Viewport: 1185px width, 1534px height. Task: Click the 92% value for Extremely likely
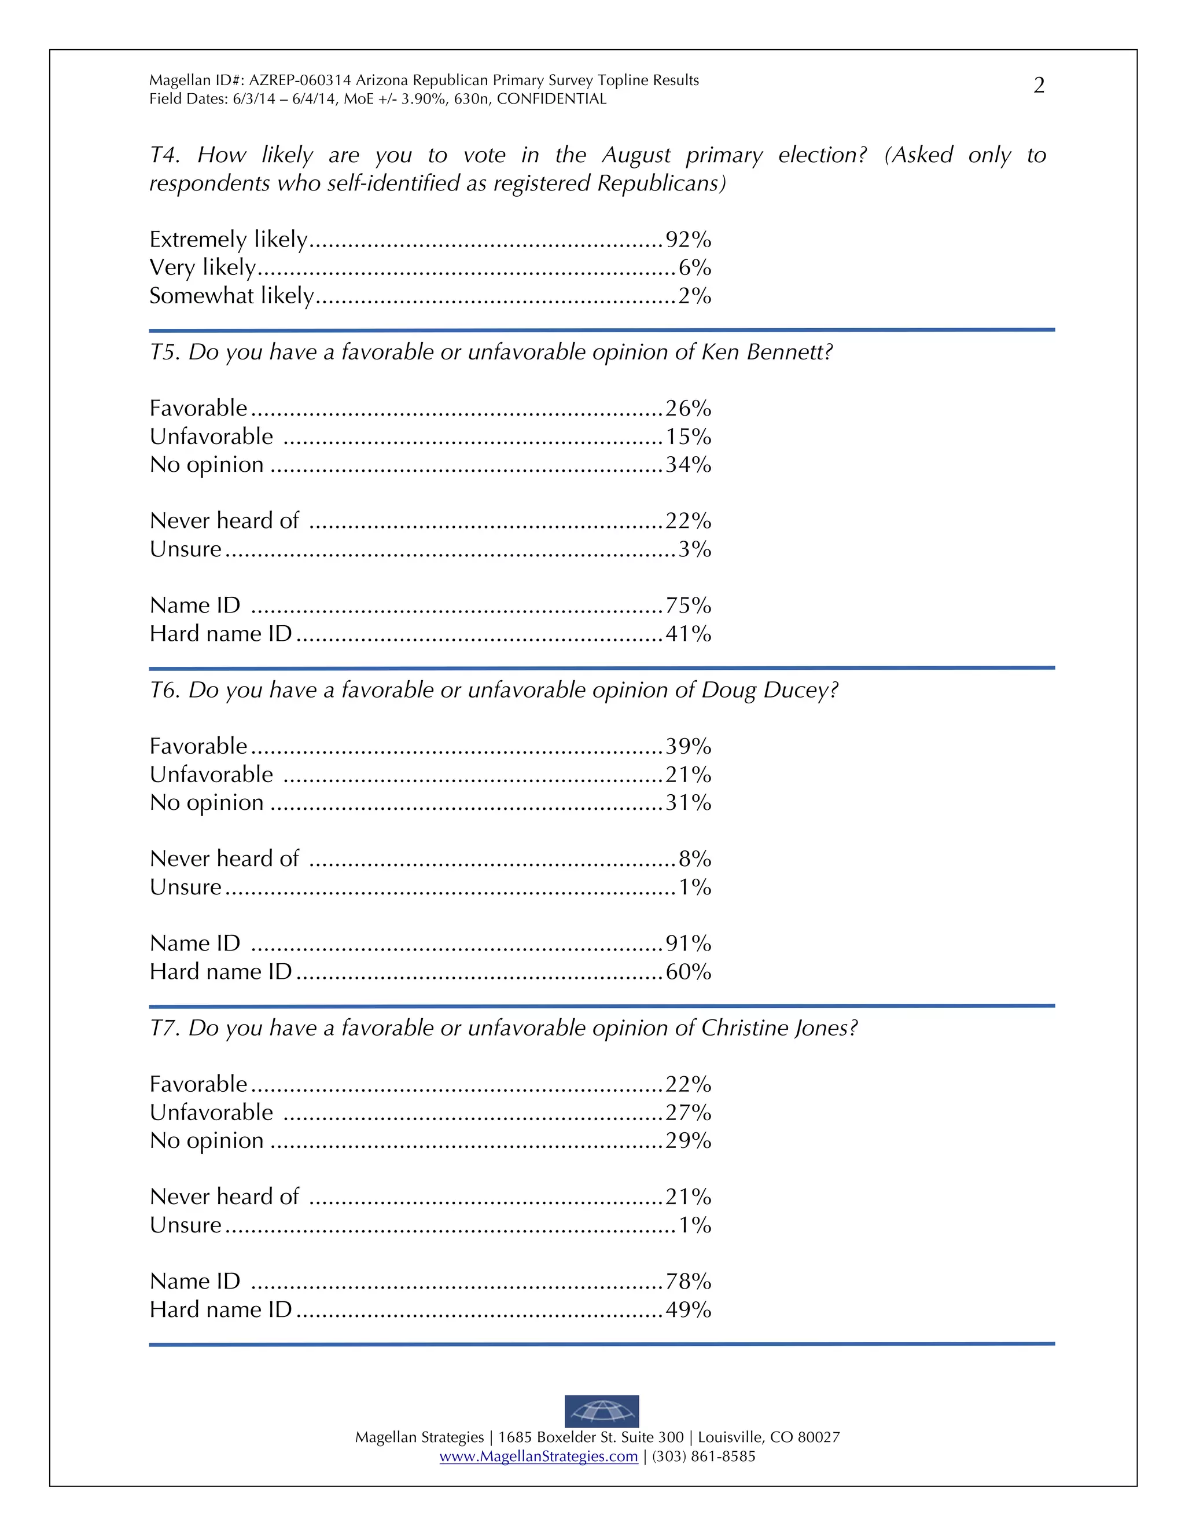click(x=688, y=240)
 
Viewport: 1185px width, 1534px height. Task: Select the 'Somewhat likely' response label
click(x=231, y=296)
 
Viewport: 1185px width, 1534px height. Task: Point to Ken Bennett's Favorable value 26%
click(x=688, y=408)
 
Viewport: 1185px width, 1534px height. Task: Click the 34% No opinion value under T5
click(x=688, y=464)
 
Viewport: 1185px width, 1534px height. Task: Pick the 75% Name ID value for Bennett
click(x=688, y=605)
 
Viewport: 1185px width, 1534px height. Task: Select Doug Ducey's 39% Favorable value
click(x=688, y=746)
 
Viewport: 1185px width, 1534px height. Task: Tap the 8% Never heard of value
click(x=694, y=858)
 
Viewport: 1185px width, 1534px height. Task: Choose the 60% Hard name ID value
click(x=688, y=971)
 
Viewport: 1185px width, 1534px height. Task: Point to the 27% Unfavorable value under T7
click(x=688, y=1112)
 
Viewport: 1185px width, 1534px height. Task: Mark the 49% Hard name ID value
click(x=688, y=1309)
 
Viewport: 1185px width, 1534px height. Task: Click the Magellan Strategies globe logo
click(x=602, y=1410)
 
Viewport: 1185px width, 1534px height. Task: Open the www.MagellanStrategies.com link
click(x=539, y=1456)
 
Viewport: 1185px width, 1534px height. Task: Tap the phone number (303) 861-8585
click(x=704, y=1456)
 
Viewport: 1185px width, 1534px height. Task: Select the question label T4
click(x=164, y=155)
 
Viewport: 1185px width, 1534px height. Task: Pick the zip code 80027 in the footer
click(x=819, y=1437)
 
